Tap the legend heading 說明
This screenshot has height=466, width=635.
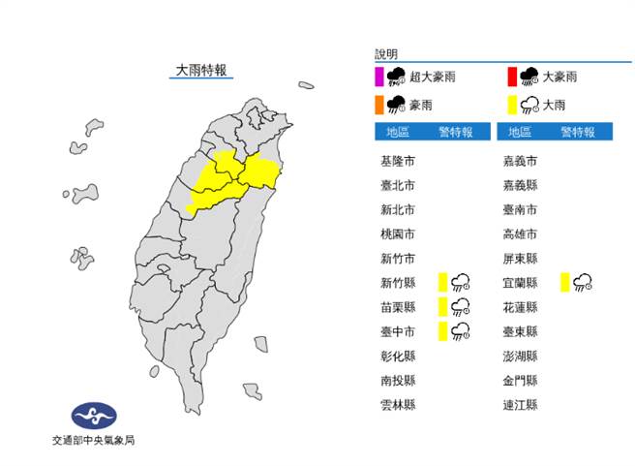(386, 54)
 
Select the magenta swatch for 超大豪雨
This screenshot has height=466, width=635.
(378, 77)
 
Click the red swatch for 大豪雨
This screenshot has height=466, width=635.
(511, 77)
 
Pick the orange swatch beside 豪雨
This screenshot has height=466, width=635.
(378, 104)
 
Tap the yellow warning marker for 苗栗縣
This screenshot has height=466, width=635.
(441, 307)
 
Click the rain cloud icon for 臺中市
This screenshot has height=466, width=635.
(461, 331)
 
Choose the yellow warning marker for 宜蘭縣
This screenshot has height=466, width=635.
(563, 282)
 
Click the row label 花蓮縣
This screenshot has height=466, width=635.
(520, 307)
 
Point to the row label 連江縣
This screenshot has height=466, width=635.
(520, 404)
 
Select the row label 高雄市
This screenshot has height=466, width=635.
(520, 233)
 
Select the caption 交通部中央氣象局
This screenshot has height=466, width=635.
(94, 441)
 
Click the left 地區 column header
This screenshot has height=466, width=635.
(398, 132)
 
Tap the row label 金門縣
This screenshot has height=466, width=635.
(520, 380)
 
